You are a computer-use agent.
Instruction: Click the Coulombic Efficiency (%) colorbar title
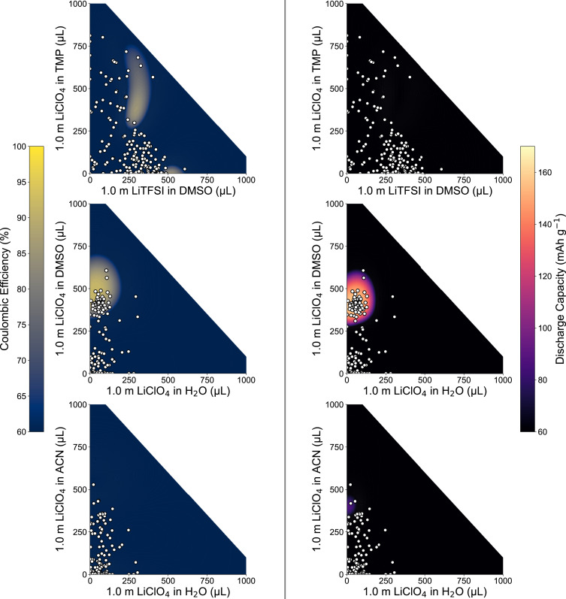pos(8,289)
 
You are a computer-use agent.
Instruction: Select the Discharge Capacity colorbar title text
pos(558,289)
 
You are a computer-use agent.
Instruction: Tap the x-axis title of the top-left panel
pos(168,192)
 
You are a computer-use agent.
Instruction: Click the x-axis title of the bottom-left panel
pos(168,591)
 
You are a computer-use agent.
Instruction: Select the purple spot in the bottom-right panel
pos(349,505)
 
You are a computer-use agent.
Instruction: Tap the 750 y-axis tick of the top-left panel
pos(80,46)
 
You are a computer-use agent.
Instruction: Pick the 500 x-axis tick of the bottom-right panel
pos(424,581)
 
